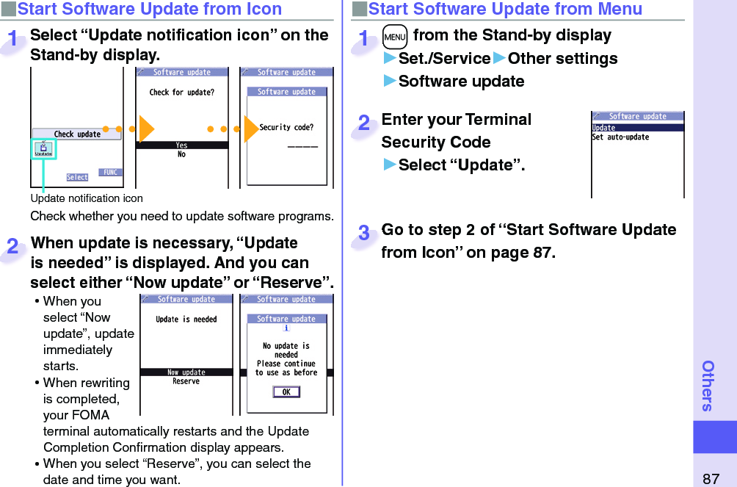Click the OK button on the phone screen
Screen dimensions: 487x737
pos(286,392)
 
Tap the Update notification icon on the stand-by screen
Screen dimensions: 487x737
pos(43,150)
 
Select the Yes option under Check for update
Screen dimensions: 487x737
pos(182,145)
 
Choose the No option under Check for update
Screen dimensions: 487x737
pos(182,154)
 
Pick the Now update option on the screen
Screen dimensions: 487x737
pos(186,372)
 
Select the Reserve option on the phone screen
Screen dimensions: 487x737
pos(186,381)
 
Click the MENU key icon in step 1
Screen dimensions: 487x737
pos(394,36)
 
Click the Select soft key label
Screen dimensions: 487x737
pos(77,177)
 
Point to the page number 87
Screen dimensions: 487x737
pos(711,478)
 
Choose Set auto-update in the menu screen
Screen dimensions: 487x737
pos(621,137)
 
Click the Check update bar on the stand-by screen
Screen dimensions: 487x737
pos(77,134)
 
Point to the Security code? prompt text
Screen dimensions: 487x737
pos(286,128)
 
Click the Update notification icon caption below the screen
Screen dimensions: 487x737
pos(87,198)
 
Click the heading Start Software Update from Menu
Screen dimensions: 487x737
pos(505,10)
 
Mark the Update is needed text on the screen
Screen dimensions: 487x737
pos(186,320)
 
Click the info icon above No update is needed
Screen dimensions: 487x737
pos(286,328)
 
